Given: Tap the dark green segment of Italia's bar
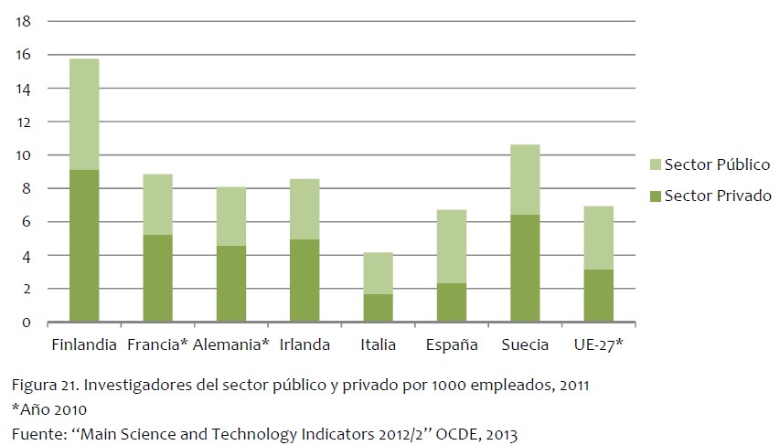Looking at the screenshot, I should pos(378,308).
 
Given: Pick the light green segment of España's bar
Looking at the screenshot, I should pos(451,247).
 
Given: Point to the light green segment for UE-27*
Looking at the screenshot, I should pos(598,238).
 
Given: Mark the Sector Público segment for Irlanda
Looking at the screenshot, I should pos(305,209).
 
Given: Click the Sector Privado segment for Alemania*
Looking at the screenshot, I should pos(230,284).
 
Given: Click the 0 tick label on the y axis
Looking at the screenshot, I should pos(27,323).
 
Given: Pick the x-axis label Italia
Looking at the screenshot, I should pos(378,344).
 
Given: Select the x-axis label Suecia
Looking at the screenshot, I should pos(525,344).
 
